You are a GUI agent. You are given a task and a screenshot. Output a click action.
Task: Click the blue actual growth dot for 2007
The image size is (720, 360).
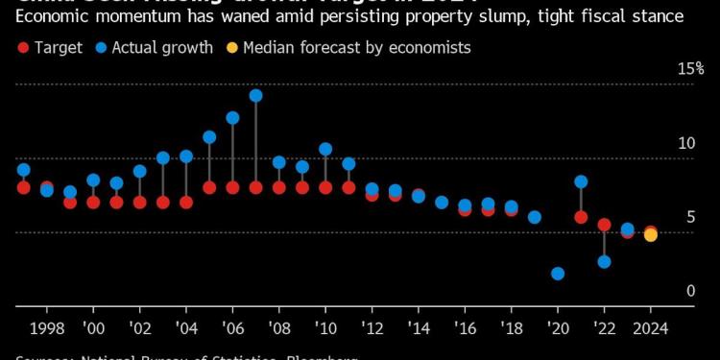coord(255,95)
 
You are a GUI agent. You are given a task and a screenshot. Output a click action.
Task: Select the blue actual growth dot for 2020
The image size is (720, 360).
coord(558,274)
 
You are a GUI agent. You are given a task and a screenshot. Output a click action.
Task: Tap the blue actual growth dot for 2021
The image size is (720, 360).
coord(581,181)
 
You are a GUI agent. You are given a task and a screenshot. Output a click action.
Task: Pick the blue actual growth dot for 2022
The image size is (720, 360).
coord(604,261)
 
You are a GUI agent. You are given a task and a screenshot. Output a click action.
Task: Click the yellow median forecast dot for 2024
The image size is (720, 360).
coord(651,235)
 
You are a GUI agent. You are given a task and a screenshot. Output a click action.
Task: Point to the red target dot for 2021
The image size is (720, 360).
coord(581,217)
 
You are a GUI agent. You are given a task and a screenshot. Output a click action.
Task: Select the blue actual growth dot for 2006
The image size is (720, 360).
coord(232,118)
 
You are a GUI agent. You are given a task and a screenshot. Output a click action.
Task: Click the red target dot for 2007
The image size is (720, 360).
coord(255,187)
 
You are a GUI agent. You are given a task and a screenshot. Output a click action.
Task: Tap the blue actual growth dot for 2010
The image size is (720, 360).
coord(325,149)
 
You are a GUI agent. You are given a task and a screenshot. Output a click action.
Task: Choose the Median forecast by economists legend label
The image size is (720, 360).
coord(357,47)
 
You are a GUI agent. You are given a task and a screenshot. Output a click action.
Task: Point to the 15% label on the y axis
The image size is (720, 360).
coord(690,69)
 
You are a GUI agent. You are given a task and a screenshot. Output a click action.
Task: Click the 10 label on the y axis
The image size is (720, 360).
coord(686,143)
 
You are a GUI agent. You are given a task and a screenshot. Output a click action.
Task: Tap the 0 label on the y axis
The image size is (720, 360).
coord(690,291)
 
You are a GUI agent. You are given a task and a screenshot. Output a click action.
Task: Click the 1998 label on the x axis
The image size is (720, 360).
coord(47,326)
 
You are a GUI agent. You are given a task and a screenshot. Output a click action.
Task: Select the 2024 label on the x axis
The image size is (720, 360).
coord(651,326)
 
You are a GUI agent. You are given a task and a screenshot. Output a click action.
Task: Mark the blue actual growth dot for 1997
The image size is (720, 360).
coord(23,170)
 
